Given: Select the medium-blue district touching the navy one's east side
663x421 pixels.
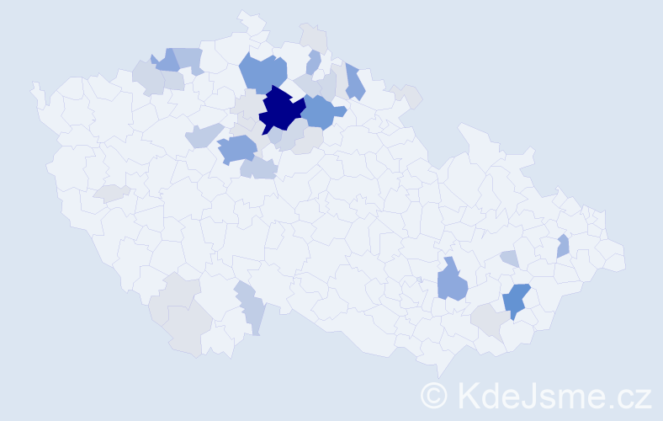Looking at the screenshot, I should (x=321, y=110).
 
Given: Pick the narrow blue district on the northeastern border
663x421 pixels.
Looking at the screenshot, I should (x=354, y=81).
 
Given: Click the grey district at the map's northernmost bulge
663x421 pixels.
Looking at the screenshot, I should (x=314, y=37).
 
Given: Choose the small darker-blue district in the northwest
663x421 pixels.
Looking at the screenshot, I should (x=167, y=61).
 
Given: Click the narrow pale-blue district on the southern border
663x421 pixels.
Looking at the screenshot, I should (x=253, y=312).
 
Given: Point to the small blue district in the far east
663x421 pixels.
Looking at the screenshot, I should (x=563, y=246).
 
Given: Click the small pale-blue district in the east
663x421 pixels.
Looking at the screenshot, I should (x=509, y=258).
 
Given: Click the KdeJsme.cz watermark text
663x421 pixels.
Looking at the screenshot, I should (x=552, y=395).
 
